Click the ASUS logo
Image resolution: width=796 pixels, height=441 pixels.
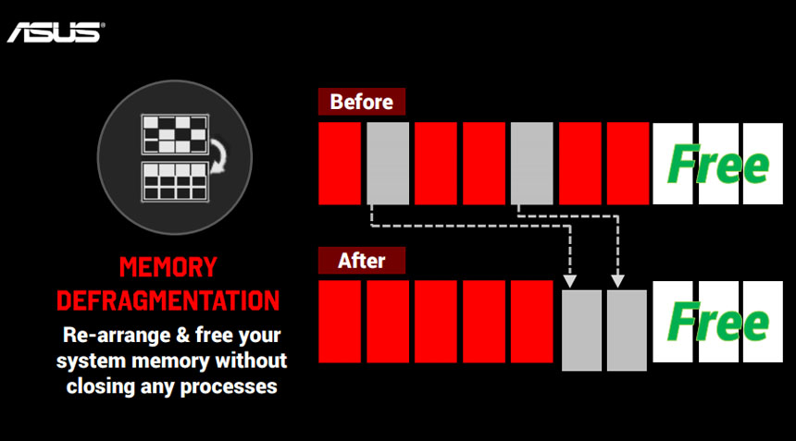click(56, 32)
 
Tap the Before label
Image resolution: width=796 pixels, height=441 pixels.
click(362, 102)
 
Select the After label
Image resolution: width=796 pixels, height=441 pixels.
click(362, 261)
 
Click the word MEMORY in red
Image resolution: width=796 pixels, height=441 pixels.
click(168, 267)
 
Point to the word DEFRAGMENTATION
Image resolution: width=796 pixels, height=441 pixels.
click(168, 300)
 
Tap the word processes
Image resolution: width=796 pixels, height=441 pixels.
click(229, 386)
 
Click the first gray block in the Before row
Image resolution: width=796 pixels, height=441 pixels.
click(388, 164)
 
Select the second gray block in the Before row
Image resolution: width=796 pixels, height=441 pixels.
click(531, 164)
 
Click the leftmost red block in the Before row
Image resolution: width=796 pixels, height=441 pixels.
click(340, 164)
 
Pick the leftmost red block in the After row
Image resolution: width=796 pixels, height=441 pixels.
click(340, 322)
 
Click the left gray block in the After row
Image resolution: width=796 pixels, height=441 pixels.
click(581, 330)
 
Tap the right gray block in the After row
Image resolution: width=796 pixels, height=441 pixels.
click(627, 330)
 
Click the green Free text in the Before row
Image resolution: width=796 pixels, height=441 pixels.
click(718, 164)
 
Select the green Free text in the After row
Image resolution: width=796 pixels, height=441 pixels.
click(718, 322)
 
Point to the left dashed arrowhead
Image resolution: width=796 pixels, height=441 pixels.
click(570, 281)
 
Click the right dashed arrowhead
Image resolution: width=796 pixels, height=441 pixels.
click(617, 281)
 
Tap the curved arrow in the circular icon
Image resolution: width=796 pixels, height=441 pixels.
click(220, 157)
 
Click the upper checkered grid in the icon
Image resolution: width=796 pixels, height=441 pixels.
click(175, 134)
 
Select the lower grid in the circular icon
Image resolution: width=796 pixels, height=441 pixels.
click(175, 181)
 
